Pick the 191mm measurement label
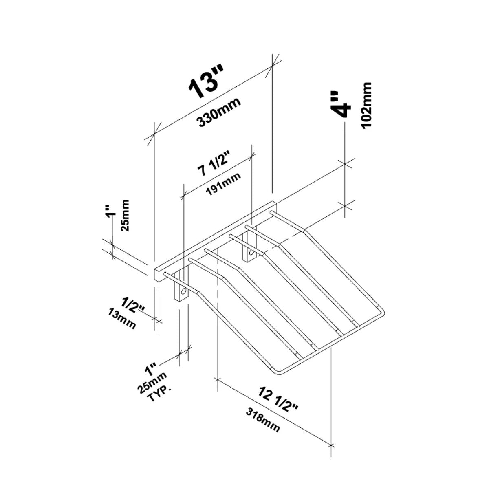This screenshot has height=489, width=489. (223, 184)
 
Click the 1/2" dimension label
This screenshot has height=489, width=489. (133, 306)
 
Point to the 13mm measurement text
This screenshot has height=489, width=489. (121, 319)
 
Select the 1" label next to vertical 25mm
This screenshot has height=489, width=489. (109, 214)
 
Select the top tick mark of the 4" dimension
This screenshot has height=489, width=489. (345, 164)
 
